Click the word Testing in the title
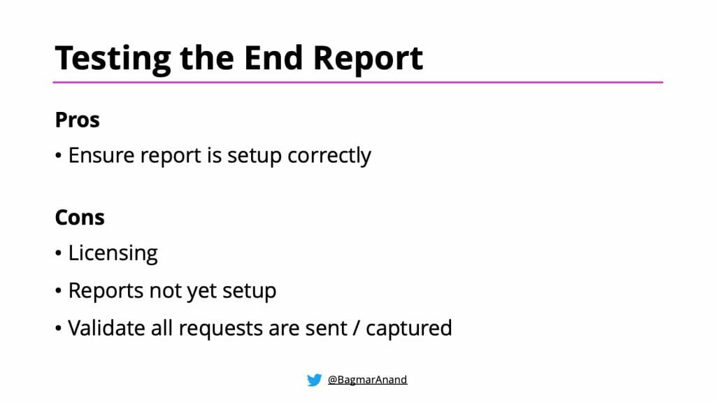[x=113, y=58]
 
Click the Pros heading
[x=78, y=120]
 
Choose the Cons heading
[x=80, y=218]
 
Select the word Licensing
[x=113, y=253]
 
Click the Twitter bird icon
[x=314, y=380]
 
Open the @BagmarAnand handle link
[x=367, y=380]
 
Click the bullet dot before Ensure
[x=59, y=156]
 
